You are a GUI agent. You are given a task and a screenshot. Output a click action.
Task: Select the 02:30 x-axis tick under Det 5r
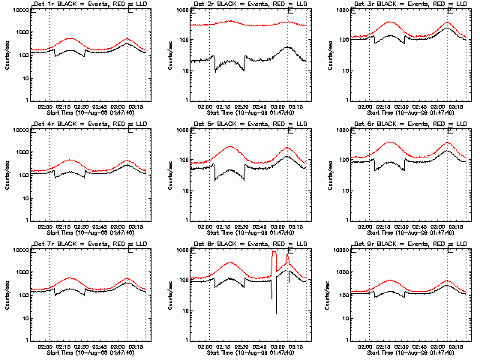pos(241,226)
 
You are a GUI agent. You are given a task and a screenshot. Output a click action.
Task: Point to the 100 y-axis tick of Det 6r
pos(343,160)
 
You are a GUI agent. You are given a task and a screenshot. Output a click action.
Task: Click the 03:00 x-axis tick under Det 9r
pos(439,346)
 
